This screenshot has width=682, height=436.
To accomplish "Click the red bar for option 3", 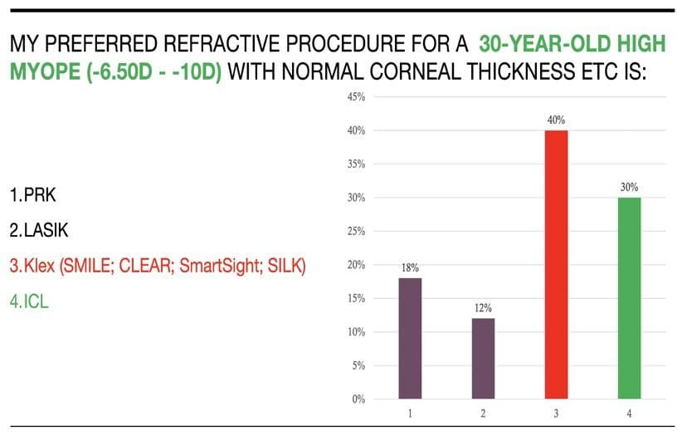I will coord(556,264).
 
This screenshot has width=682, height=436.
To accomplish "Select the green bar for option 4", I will coord(629,297).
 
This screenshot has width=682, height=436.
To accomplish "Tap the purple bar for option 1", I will coord(410,338).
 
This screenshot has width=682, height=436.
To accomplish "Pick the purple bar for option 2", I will coord(483,358).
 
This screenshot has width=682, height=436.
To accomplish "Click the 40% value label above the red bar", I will coord(556,120).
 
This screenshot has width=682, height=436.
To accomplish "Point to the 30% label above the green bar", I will coord(629,188).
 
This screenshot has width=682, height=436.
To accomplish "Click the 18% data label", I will coord(410,267).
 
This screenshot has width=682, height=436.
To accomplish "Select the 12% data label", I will coord(483,308).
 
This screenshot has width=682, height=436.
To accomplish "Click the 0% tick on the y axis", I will coord(358,399).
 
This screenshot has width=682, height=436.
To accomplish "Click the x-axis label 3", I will coord(556,413).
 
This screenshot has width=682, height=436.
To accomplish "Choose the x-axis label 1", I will coord(410,413).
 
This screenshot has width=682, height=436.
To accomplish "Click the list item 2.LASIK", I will coord(41,231).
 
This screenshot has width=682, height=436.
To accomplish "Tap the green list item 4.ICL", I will coord(30,301).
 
